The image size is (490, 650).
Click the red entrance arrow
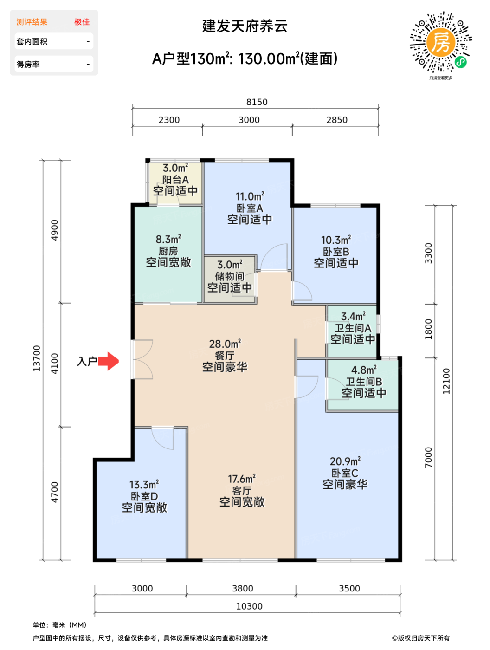[x=108, y=361]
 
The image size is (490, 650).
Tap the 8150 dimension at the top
[x=257, y=102]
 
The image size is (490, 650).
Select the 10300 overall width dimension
[x=249, y=606]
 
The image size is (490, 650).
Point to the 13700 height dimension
[x=36, y=358]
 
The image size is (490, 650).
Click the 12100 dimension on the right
[x=446, y=381]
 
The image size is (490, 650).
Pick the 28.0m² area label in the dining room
[x=225, y=344]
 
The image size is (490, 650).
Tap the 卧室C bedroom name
[x=345, y=473]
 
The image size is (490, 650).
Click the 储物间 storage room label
[x=230, y=276]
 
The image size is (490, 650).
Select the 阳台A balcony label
[x=175, y=180]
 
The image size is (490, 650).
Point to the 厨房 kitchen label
[x=168, y=251]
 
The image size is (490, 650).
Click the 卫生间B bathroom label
[x=364, y=382]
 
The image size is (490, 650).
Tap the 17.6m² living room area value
[x=242, y=479]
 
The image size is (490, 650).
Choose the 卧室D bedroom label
[x=144, y=496]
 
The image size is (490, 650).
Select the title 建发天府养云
[x=245, y=26]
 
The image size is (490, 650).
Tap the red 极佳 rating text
[x=82, y=22]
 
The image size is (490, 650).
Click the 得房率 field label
[x=28, y=64]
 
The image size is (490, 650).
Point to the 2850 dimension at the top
[x=337, y=120]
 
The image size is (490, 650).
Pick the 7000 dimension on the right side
[x=428, y=457]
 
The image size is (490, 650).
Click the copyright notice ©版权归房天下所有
[x=421, y=638]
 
